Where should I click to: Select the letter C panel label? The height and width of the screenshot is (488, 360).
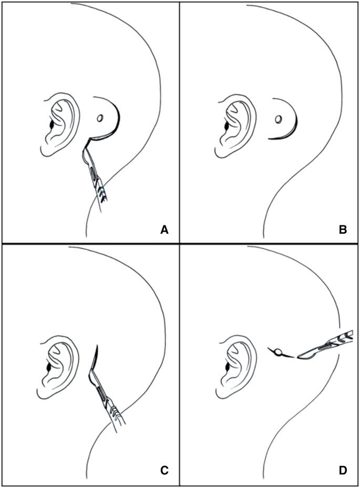click(163, 471)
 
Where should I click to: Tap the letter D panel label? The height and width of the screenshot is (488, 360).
click(343, 471)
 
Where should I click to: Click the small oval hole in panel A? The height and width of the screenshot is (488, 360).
click(99, 119)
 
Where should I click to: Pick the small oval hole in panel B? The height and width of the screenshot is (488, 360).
click(277, 119)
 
